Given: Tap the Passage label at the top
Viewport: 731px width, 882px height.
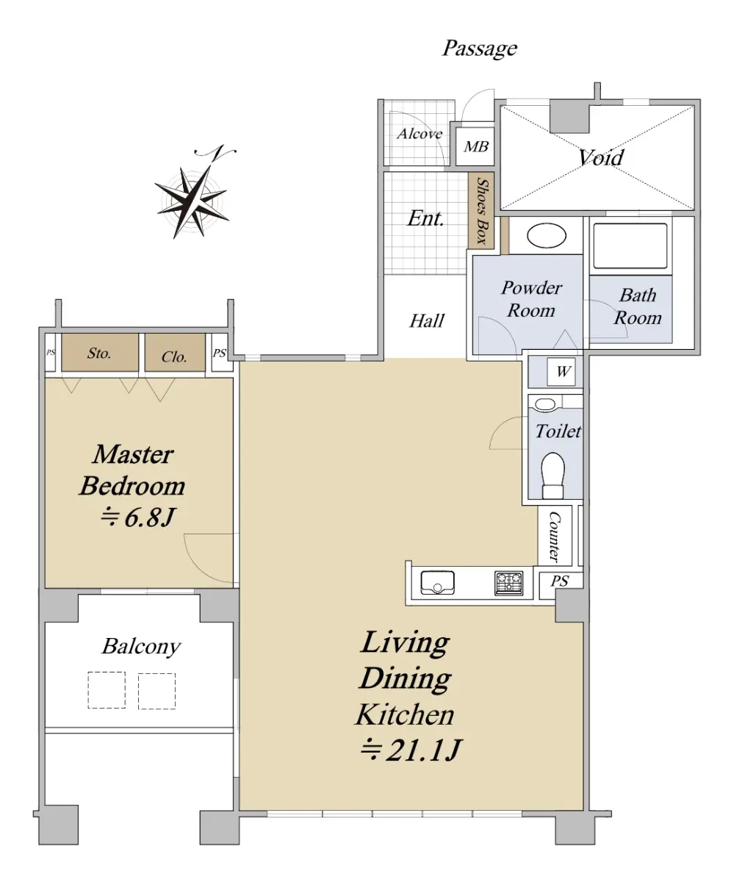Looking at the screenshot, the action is pyautogui.click(x=480, y=49).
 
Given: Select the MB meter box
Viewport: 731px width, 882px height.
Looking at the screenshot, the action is pyautogui.click(x=475, y=146).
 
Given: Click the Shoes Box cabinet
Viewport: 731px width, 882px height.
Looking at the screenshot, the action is pyautogui.click(x=481, y=210).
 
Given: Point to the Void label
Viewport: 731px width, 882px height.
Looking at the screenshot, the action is pyautogui.click(x=600, y=157).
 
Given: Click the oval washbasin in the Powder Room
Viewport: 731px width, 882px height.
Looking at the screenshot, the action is pyautogui.click(x=547, y=236).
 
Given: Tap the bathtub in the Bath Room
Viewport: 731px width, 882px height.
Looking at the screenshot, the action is pyautogui.click(x=630, y=245).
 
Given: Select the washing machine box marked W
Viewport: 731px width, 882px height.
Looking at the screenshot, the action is pyautogui.click(x=561, y=372).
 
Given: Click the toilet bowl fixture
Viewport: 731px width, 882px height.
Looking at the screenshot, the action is pyautogui.click(x=552, y=476).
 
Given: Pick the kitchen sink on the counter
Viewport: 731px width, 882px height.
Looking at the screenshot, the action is pyautogui.click(x=438, y=583).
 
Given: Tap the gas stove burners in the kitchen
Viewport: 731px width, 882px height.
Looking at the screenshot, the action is pyautogui.click(x=508, y=584).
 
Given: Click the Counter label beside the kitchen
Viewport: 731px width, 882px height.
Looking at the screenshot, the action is pyautogui.click(x=554, y=537).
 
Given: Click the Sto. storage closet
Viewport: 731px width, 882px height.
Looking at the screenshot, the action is pyautogui.click(x=100, y=353).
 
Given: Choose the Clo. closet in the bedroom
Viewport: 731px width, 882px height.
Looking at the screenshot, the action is pyautogui.click(x=175, y=353).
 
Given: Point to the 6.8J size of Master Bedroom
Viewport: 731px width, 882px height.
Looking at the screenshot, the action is pyautogui.click(x=137, y=517).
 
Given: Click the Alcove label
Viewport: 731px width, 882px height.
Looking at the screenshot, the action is pyautogui.click(x=419, y=134).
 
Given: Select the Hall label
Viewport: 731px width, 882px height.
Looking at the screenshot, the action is pyautogui.click(x=427, y=320).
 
